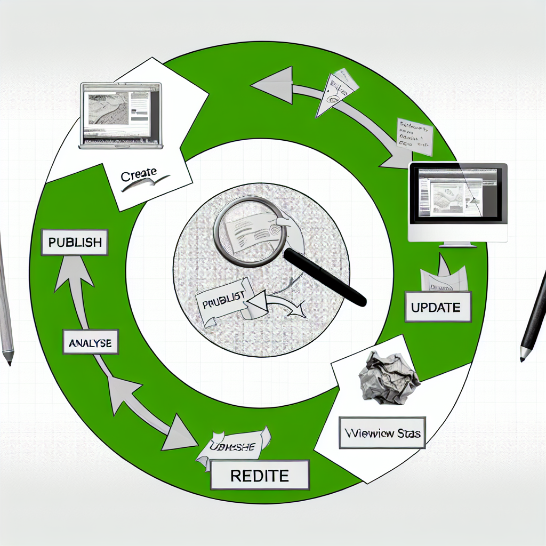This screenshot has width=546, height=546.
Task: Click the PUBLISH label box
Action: [x=75, y=242]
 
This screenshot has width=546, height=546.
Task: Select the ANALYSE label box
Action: [x=90, y=343]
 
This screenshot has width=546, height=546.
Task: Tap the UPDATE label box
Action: [x=438, y=307]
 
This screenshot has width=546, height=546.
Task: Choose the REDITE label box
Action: [x=260, y=475]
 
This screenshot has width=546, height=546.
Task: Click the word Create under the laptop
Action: [x=139, y=173]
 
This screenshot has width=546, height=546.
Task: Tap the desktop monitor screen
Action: [x=457, y=192]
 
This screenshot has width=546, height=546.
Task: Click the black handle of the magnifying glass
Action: [x=325, y=278]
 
